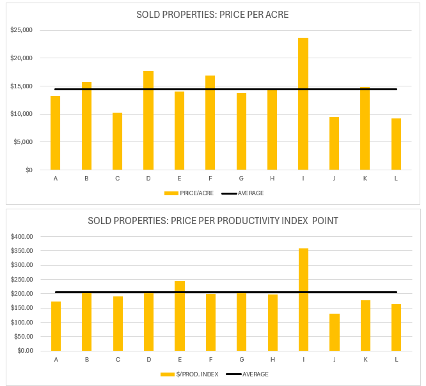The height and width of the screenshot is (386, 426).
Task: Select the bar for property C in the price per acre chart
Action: (x=118, y=141)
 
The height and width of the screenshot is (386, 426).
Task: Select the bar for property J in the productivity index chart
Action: (x=335, y=332)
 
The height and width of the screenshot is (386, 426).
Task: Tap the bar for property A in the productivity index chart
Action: (x=56, y=326)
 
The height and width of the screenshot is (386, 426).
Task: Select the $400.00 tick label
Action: (x=21, y=237)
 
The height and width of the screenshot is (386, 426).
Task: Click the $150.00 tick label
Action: (x=21, y=308)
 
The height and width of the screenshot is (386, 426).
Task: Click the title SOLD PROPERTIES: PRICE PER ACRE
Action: (x=212, y=15)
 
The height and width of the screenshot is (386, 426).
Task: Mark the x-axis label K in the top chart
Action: (x=365, y=178)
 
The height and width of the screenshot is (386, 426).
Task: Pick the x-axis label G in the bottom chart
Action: (x=242, y=359)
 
